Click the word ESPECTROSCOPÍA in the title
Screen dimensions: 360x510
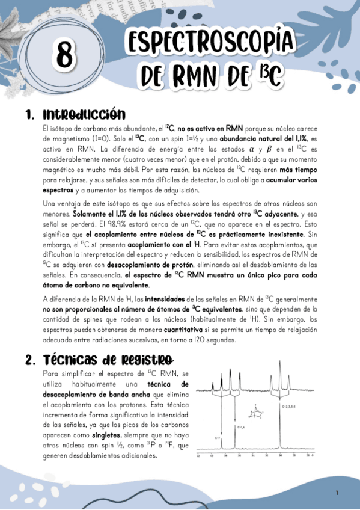coord(210,43)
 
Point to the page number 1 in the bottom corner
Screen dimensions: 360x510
coord(337,493)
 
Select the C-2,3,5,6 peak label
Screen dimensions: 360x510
coord(290,407)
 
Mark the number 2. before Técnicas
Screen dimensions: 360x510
coord(31,361)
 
